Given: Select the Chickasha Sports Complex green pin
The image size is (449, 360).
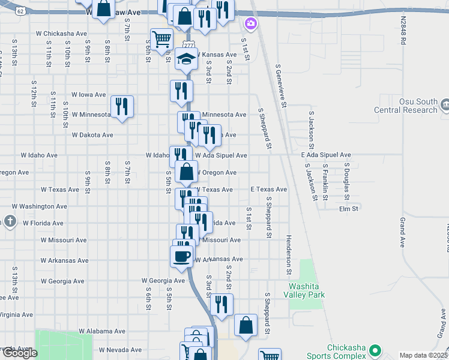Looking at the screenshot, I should point(375,350).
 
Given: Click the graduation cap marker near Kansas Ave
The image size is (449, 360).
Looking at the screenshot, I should point(187,60).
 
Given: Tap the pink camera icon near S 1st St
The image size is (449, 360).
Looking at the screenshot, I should point(250,23).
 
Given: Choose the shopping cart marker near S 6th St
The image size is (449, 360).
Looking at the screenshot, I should point(161,40).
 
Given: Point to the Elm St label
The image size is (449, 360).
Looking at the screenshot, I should point(348,209).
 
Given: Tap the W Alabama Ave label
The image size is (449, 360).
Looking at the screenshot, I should point(102,331).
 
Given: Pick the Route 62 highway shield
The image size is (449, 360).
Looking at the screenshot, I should point(21,11).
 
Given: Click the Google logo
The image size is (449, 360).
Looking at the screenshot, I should point(20,353).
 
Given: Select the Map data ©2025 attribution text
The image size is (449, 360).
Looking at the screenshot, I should point(423,355).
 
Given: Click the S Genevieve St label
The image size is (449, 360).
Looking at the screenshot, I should point(279,86).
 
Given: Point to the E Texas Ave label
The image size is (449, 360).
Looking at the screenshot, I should point(269,189).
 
